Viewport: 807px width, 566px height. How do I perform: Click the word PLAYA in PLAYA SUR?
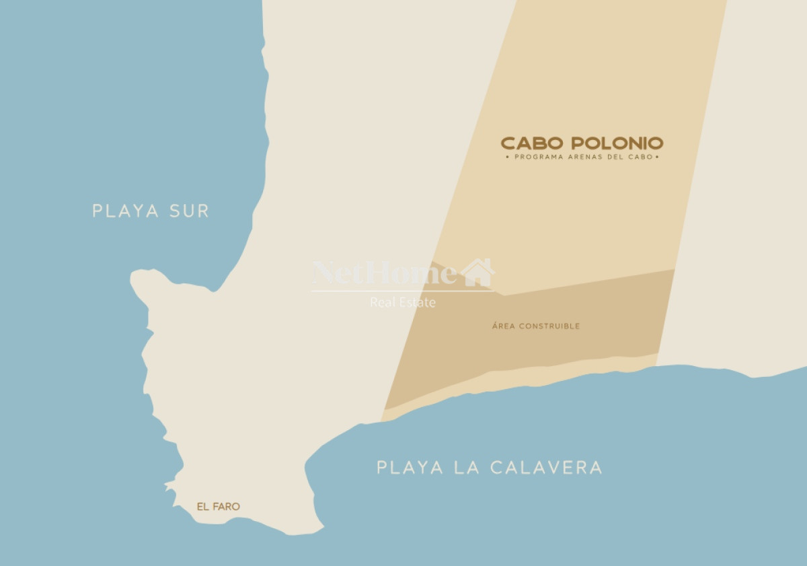126,211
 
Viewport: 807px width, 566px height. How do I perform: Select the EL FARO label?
218,507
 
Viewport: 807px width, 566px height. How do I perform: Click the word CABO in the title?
532,143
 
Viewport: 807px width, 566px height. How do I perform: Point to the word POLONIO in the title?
617,143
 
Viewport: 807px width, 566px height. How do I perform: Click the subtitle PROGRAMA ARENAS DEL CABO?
582,157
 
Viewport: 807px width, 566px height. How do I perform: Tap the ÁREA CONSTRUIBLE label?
535,326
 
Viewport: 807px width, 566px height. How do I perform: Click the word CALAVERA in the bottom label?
545,468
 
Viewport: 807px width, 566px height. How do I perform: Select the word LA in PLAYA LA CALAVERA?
465,468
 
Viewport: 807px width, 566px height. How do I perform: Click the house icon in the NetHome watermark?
477,273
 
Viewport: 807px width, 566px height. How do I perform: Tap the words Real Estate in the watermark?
402,303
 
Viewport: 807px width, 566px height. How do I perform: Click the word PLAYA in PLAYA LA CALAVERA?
410,468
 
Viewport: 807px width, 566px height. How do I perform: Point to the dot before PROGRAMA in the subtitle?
507,157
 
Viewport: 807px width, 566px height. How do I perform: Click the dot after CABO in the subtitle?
657,157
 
